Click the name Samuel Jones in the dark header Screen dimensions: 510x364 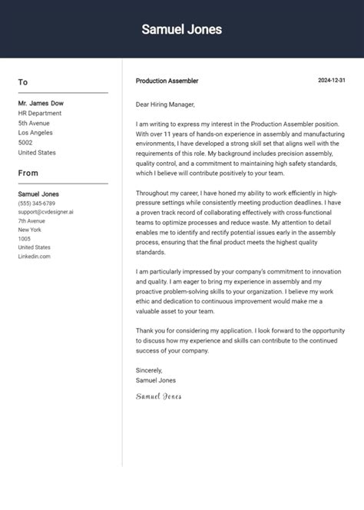(x=182, y=29)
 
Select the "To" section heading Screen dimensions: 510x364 (x=23, y=82)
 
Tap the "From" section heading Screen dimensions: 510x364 (x=28, y=173)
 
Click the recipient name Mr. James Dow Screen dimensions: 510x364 (x=41, y=103)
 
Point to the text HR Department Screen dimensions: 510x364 (x=41, y=113)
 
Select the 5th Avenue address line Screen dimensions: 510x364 (x=34, y=123)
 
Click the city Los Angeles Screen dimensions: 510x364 (x=36, y=133)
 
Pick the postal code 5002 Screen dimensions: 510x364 (x=25, y=143)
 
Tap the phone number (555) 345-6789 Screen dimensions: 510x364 (x=37, y=203)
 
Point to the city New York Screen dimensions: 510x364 (x=29, y=230)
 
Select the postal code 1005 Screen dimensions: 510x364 (x=24, y=239)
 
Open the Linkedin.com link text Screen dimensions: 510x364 (x=34, y=257)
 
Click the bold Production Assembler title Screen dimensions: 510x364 (x=167, y=81)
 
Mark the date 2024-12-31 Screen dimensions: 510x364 (x=332, y=81)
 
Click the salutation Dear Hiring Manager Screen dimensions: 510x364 (x=165, y=104)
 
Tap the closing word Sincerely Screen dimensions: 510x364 (x=149, y=370)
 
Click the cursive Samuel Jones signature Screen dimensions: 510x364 (x=158, y=396)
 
